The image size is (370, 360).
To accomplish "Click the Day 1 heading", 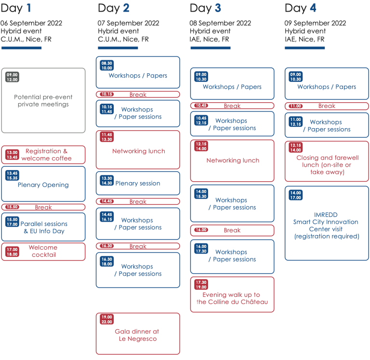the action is (16, 8).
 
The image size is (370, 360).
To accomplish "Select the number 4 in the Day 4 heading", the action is (313, 8).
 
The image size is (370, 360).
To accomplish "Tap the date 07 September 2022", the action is (128, 23).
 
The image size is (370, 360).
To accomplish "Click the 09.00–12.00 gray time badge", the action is (12, 77).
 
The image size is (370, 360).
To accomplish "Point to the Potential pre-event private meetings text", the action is (43, 101).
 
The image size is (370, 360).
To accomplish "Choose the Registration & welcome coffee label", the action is (46, 155).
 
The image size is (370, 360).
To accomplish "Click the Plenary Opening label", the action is (43, 185).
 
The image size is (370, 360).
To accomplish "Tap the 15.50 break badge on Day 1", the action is (12, 207).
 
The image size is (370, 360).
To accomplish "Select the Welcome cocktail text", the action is (43, 251).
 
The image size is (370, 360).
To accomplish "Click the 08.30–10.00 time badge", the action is (106, 66).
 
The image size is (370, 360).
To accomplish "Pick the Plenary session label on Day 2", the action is (138, 184).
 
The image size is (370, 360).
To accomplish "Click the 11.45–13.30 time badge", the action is (106, 137).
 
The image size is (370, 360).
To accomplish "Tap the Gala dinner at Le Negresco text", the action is (137, 335).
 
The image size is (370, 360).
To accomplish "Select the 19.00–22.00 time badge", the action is (106, 320).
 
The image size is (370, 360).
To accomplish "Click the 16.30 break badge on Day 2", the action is (106, 246).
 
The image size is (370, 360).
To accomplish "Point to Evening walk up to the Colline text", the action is (232, 298).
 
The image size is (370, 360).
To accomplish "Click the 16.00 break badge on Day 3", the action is (201, 230).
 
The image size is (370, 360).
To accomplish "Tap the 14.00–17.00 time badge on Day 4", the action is (296, 195).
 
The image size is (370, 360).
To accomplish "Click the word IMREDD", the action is (326, 215).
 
